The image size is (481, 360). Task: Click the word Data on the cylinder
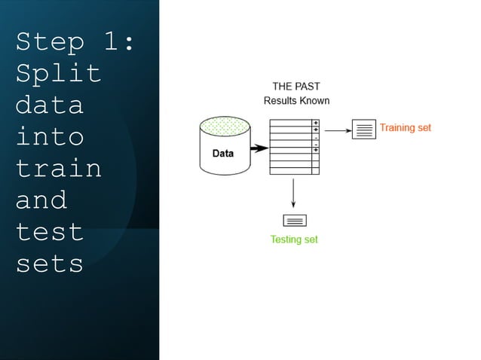click(x=222, y=153)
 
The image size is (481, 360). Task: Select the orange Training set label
click(x=405, y=128)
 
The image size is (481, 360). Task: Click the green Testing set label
click(x=294, y=239)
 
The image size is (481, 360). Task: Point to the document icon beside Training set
click(x=364, y=130)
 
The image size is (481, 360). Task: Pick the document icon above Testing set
click(x=294, y=221)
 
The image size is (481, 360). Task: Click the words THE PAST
click(x=296, y=86)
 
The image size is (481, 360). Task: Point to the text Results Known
click(x=296, y=100)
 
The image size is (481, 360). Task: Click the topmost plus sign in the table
click(x=316, y=123)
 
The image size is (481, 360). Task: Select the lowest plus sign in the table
click(x=316, y=151)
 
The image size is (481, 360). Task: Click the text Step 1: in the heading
click(x=75, y=42)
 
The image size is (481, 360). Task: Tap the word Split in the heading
click(x=58, y=74)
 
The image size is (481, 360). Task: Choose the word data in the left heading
click(x=49, y=105)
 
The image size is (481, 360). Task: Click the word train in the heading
click(x=58, y=168)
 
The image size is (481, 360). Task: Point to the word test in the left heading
click(x=49, y=231)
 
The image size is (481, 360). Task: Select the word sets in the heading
click(x=49, y=263)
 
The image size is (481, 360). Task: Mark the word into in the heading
click(x=49, y=137)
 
